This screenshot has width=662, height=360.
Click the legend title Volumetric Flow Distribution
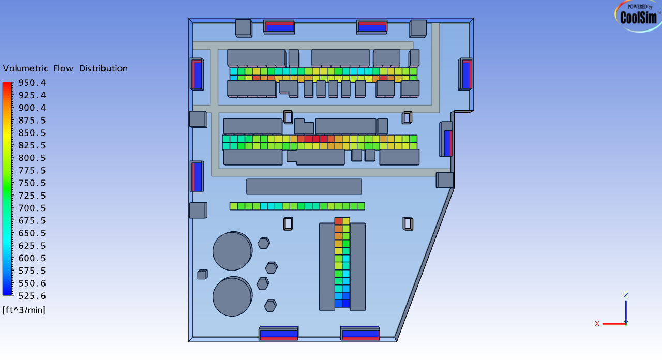coord(65,68)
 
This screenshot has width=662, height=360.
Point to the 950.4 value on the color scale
coord(32,83)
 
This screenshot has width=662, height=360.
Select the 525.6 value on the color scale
coord(32,296)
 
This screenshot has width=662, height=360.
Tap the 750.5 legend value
coord(32,183)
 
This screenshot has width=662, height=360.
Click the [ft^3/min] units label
coord(24,310)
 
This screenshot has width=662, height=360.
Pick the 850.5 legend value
coord(32,133)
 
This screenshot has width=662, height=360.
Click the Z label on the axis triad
coord(626,295)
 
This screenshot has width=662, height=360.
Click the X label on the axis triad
coord(597,323)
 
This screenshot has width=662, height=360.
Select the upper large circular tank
coord(232,251)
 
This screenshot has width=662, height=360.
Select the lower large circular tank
coord(232,296)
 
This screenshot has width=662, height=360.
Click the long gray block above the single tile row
coord(304,187)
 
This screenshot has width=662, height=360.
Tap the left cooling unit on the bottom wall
coord(279,334)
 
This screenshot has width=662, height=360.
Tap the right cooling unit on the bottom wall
coord(360,334)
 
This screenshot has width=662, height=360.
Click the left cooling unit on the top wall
coord(279,26)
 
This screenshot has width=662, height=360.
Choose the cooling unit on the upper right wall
coord(465,74)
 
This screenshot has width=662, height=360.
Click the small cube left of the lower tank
coord(202,274)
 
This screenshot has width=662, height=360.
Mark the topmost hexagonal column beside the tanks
coord(264,243)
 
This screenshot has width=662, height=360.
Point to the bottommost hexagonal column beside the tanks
coord(270,305)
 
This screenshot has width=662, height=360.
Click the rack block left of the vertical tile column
coord(327,266)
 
